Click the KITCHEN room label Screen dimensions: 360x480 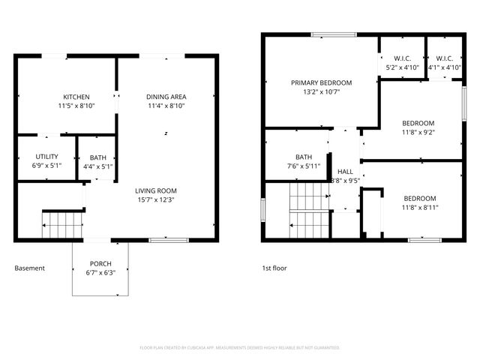76,97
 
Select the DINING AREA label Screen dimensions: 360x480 166,97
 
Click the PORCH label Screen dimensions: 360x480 100,263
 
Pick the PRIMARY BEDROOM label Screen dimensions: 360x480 321,82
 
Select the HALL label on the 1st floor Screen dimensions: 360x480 345,171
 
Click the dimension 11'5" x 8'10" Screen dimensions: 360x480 76,106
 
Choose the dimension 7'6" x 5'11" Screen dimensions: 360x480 304,166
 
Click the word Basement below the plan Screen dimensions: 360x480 29,268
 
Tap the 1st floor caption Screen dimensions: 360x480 274,268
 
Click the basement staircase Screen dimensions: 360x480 62,224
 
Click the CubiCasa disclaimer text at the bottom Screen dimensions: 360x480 240,348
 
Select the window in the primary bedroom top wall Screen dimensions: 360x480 328,34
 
